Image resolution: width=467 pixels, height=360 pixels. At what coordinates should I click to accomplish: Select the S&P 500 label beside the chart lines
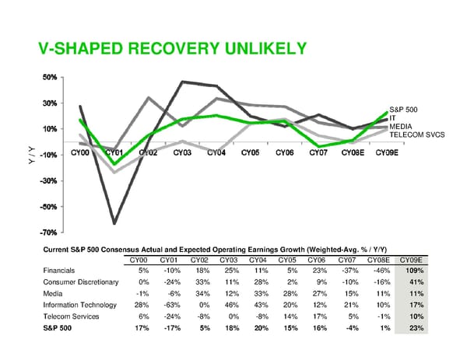[x=403, y=110]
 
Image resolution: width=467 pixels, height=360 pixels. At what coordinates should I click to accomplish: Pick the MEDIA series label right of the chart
[x=401, y=126]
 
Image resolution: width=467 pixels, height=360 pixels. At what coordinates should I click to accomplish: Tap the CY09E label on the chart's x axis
[x=387, y=152]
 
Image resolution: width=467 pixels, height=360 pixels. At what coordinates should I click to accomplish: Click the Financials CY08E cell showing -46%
[x=378, y=269]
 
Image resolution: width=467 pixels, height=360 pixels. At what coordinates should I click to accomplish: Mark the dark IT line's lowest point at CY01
[x=114, y=223]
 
